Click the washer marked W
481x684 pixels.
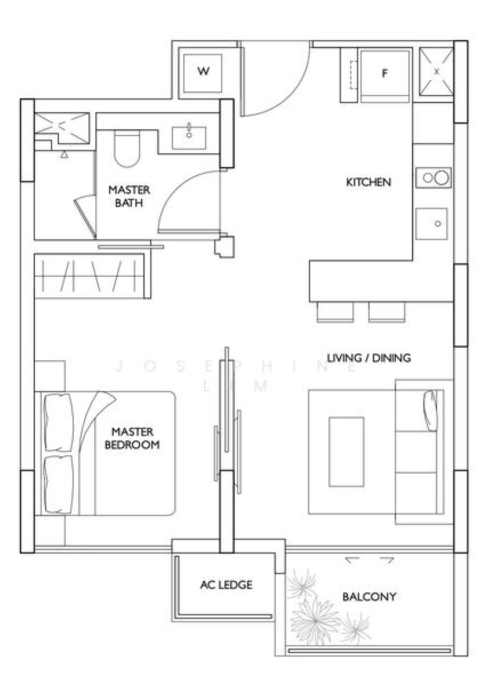point(203,73)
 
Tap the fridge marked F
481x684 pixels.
point(384,75)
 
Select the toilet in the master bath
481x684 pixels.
point(127,148)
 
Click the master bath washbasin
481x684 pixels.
point(189,137)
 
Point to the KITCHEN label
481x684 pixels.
point(368,182)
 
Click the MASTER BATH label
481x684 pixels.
point(129,196)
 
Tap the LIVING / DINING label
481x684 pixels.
point(368,358)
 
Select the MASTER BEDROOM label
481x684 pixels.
point(132,439)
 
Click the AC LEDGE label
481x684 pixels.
point(226,584)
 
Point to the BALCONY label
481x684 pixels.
point(369,596)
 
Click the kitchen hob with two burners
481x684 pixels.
point(433,177)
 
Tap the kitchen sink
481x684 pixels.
point(431,224)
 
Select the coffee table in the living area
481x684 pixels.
point(346,451)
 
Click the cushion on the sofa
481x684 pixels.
point(430,411)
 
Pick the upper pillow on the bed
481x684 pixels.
point(58,422)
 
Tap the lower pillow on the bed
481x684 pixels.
point(58,484)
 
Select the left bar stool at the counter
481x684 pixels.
point(335,312)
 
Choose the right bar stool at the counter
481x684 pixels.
point(387,312)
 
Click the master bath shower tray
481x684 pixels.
point(62,128)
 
